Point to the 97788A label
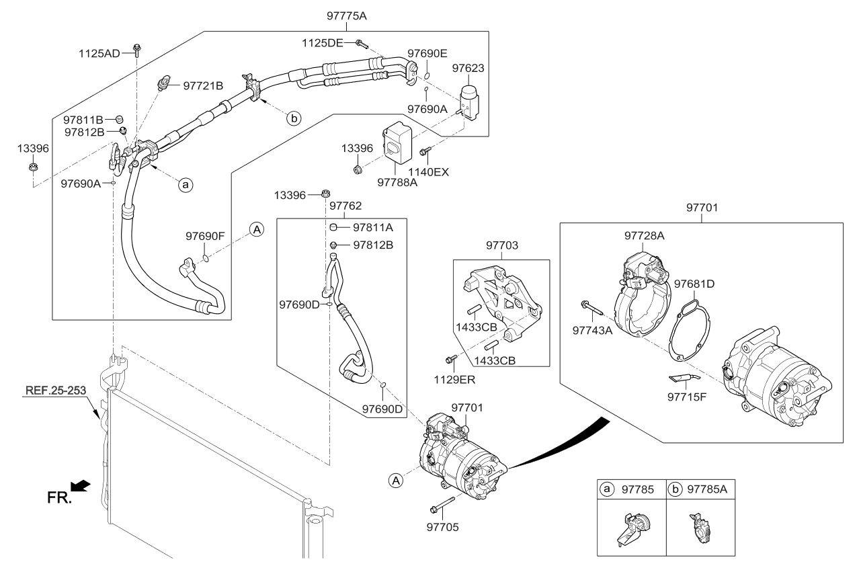(397, 182)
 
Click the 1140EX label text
(431, 172)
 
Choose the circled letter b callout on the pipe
(294, 118)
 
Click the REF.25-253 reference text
(57, 390)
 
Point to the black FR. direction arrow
(81, 485)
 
